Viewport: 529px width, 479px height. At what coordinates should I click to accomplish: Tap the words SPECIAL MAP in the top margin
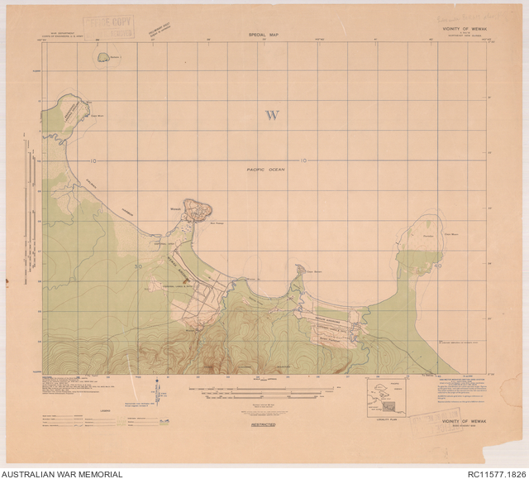click(x=264, y=34)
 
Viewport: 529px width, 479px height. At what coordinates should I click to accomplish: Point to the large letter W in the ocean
click(x=271, y=115)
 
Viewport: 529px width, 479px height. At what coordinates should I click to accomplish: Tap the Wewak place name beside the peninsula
click(x=176, y=208)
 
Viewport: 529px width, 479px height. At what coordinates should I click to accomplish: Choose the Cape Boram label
click(x=312, y=271)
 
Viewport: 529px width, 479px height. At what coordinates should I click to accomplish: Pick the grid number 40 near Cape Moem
click(x=438, y=266)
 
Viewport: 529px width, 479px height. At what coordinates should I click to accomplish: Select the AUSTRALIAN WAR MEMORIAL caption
click(x=62, y=473)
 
